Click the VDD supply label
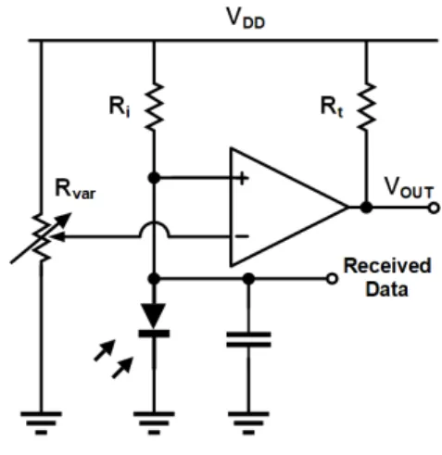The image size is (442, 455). pos(246,19)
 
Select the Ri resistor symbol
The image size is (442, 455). pos(154,107)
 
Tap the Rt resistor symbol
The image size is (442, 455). pos(366,107)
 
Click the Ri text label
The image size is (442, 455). pos(120,107)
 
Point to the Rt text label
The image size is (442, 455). pos(332,107)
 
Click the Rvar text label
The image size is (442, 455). pos(75,189)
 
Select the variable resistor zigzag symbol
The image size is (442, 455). pos(41,238)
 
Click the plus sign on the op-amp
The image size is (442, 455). pos(243,178)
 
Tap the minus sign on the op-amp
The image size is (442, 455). pos(243,236)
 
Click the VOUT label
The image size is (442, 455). pos(409,188)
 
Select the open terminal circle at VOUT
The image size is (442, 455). pos(434,208)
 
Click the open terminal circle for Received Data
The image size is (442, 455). pos(332,279)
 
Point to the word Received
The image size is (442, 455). pos(387,266)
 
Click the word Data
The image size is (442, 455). pos(386,289)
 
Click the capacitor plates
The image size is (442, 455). pos(248,340)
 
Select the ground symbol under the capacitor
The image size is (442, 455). pos(248,423)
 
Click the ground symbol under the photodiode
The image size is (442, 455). pos(154,423)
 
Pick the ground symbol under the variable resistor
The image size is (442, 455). pos(41,423)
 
